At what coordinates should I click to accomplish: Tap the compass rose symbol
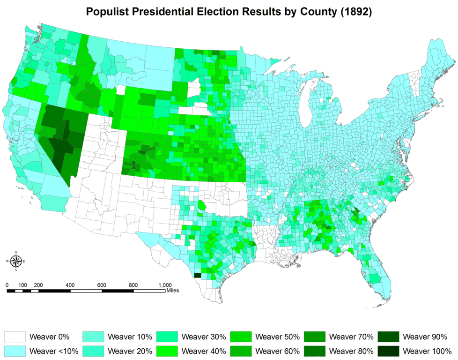[16, 261]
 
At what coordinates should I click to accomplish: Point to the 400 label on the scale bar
[70, 285]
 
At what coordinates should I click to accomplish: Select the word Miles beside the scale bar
[172, 291]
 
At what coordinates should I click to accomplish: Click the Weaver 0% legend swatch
[15, 337]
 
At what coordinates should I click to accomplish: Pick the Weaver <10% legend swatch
[15, 350]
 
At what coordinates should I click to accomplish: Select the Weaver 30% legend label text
[204, 337]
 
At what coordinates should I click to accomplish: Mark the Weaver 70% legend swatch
[315, 337]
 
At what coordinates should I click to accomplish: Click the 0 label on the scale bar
[7, 285]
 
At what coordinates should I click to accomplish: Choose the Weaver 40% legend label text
[204, 350]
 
